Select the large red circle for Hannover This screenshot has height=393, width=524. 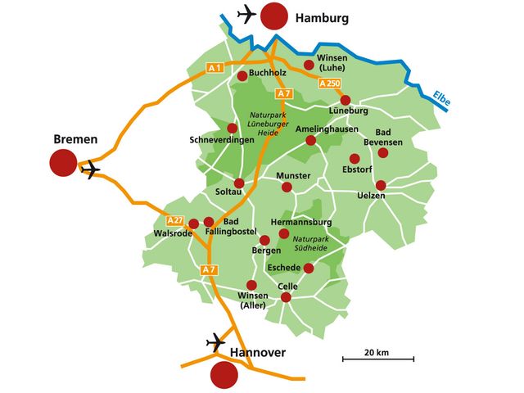click(224, 375)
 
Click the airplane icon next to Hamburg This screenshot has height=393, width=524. click(245, 14)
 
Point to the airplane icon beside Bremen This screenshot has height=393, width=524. click(91, 169)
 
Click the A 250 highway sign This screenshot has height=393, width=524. click(329, 84)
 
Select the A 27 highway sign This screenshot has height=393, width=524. click(174, 220)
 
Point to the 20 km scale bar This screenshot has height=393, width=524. click(377, 358)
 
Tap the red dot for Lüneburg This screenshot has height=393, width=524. click(346, 100)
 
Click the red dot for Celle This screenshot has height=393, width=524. click(286, 297)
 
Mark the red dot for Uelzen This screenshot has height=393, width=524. click(381, 185)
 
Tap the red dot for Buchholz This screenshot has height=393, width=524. click(242, 76)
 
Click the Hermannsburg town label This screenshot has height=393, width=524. click(300, 222)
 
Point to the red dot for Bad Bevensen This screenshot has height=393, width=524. click(382, 151)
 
